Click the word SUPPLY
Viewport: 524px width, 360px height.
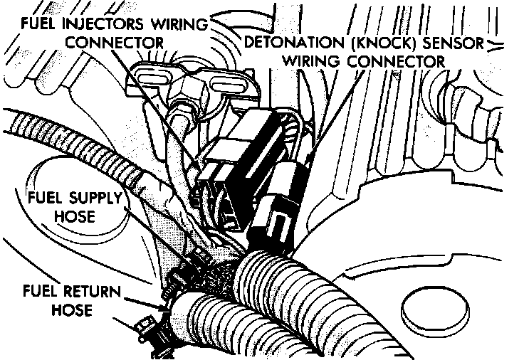(x=94, y=196)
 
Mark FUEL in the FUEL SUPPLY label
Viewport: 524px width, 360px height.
(x=43, y=196)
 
